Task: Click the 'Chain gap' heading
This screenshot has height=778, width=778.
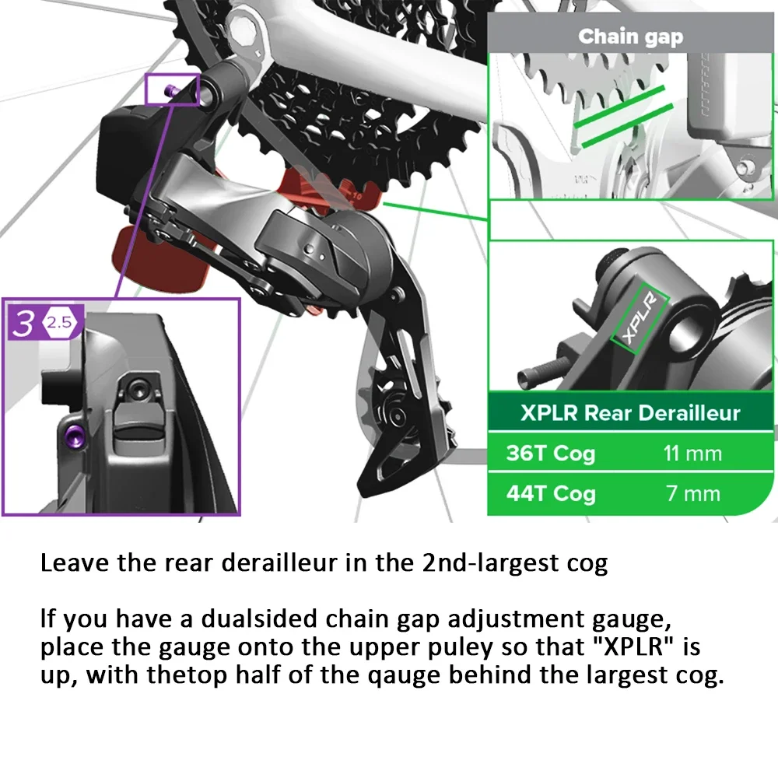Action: coord(631,37)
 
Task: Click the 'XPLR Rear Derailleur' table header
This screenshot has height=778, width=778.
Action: coord(630,413)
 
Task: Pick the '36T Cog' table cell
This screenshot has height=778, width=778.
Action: coord(550,454)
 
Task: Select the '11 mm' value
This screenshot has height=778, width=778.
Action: coord(692,454)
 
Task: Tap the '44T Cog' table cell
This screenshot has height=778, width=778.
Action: coord(550,493)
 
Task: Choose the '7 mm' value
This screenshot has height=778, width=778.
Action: coord(692,493)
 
